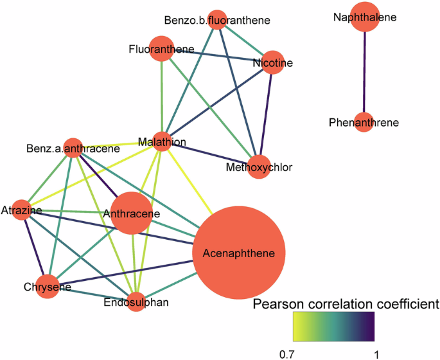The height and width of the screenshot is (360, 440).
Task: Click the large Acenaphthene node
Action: click(x=239, y=253)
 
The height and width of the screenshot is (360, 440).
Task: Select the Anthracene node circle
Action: click(x=132, y=213)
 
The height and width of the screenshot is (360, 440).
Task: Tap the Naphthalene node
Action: click(x=364, y=17)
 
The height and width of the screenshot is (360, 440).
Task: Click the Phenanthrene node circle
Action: click(x=364, y=122)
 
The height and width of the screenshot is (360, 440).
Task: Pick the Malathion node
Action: click(x=162, y=141)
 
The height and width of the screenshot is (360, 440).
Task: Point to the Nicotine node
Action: click(x=273, y=62)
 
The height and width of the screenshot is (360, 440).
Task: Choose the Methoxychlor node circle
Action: click(x=259, y=167)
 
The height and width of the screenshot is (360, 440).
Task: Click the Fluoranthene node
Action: click(x=161, y=50)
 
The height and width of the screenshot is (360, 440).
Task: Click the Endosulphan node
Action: click(x=136, y=301)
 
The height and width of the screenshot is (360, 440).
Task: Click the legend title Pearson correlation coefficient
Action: click(x=346, y=303)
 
